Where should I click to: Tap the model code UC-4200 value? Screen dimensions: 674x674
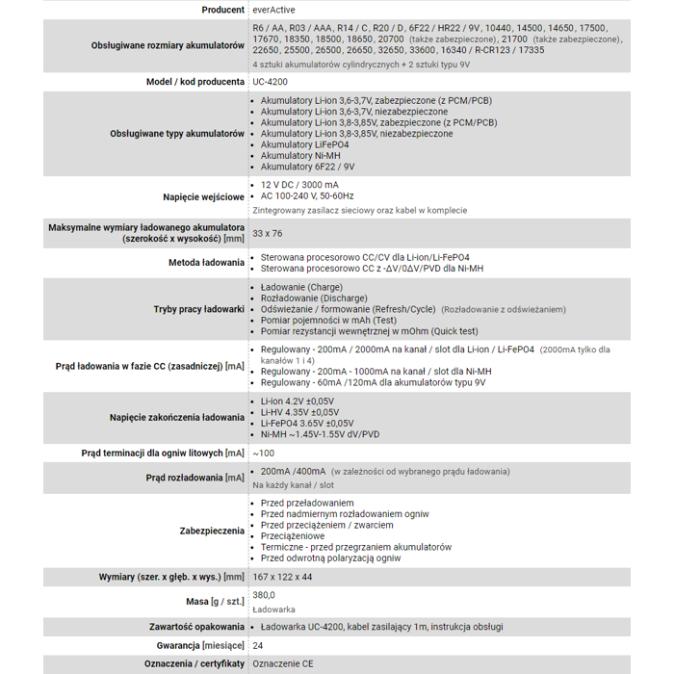272,82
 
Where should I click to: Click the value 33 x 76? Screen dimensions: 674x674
268,233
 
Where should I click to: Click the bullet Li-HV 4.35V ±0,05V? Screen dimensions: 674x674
299,412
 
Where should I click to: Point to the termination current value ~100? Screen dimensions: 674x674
263,453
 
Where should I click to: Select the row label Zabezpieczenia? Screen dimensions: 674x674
212,531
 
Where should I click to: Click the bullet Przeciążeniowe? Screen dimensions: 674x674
293,536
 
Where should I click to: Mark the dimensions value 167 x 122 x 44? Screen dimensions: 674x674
282,577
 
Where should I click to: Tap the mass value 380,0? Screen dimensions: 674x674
264,595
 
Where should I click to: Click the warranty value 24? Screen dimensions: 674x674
258,645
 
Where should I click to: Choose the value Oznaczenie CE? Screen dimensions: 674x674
282,663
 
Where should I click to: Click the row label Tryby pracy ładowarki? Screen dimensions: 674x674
198,309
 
